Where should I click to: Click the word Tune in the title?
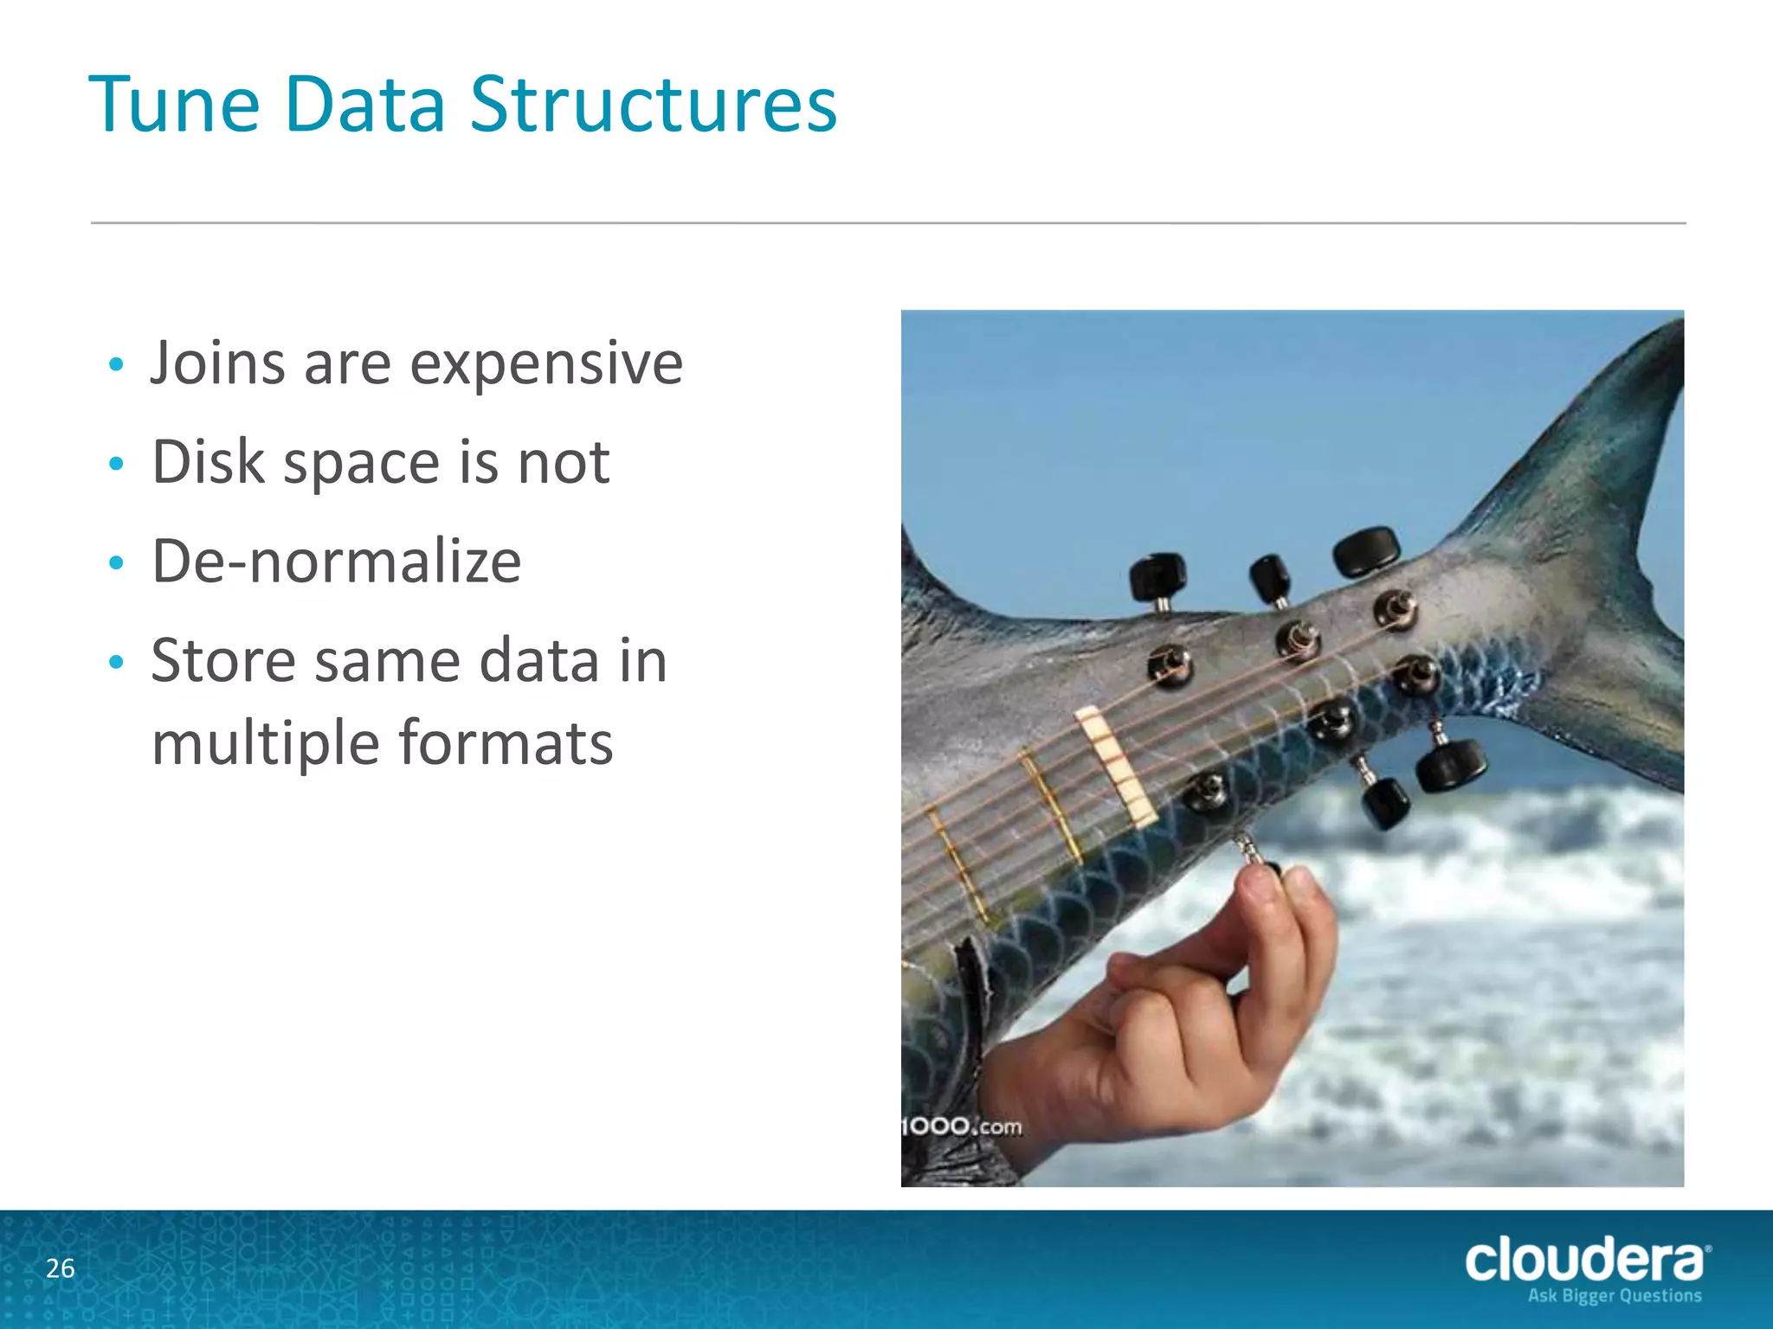tap(174, 105)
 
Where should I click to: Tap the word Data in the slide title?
tap(364, 105)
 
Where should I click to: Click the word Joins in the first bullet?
tap(217, 363)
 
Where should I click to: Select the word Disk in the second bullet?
tap(207, 462)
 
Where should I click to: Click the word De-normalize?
tap(336, 562)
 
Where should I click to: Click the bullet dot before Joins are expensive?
tap(117, 365)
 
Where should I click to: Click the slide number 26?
tap(61, 1268)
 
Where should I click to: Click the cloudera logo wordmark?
tap(1584, 1261)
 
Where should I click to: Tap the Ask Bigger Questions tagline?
tap(1615, 1295)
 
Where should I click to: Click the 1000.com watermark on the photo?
tap(961, 1127)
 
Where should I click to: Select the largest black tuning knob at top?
tap(1366, 551)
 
